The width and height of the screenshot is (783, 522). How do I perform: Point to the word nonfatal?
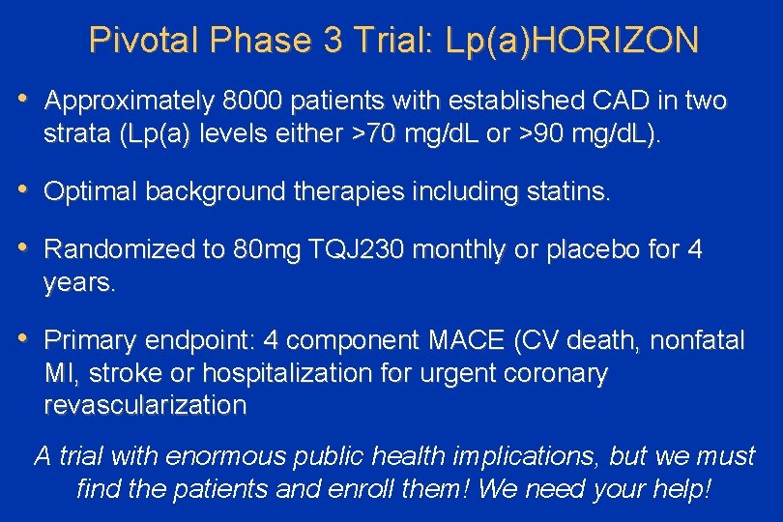pos(697,340)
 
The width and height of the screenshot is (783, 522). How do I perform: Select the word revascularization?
pos(145,405)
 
